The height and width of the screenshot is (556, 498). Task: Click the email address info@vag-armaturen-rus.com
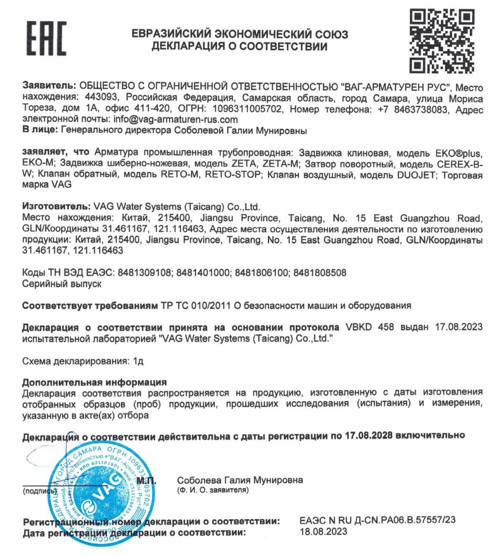click(176, 120)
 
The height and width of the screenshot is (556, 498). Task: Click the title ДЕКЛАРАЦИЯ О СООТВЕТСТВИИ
click(240, 45)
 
